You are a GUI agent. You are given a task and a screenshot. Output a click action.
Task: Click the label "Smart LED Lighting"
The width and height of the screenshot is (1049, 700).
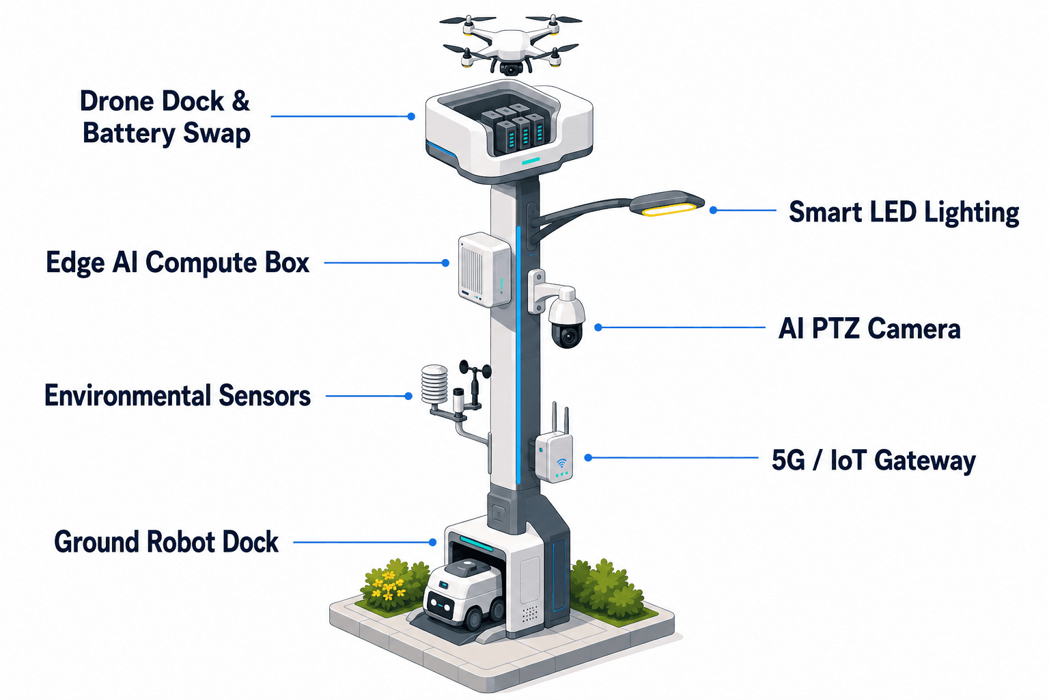coord(904,213)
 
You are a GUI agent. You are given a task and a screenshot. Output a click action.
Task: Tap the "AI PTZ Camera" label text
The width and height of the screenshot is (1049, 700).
coord(869,328)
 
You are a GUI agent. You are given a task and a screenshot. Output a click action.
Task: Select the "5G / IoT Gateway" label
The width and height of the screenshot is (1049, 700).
coord(874,460)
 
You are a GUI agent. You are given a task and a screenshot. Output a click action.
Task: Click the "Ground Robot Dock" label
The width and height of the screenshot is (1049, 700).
coord(166,542)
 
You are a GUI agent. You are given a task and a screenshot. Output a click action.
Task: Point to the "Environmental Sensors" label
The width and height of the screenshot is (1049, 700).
coord(178,396)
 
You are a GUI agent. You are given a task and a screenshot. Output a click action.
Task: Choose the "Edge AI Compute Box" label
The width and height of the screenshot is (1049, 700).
coord(178,262)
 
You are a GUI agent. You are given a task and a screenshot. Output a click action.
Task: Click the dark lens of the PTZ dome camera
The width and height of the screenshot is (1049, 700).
coord(568,336)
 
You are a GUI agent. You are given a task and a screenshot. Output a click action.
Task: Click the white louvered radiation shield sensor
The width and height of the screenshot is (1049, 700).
coord(434,384)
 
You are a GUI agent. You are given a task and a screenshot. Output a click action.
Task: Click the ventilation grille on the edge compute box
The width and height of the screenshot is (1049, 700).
coord(472,270)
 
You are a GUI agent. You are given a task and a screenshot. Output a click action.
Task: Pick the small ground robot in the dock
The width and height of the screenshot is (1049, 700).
coord(464,595)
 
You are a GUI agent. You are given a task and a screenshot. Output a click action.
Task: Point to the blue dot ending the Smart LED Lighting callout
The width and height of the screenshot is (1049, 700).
coord(713,211)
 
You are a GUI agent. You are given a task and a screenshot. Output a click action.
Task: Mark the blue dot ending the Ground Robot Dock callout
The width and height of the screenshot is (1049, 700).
coord(433,542)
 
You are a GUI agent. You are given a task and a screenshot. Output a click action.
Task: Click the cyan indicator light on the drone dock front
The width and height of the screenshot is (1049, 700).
coord(531,161)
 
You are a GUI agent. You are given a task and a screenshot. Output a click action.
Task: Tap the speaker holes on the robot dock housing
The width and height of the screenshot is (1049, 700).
coord(530,614)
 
